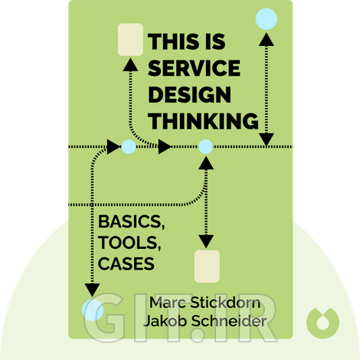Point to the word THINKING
pyautogui.click(x=202, y=121)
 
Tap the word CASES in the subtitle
pyautogui.click(x=126, y=264)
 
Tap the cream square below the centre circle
pyautogui.click(x=207, y=267)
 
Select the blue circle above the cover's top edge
pyautogui.click(x=266, y=17)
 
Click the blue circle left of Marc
pyautogui.click(x=93, y=309)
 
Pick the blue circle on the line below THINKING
pyautogui.click(x=205, y=146)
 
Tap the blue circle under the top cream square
pyautogui.click(x=129, y=146)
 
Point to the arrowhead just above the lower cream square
pyautogui.click(x=206, y=240)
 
